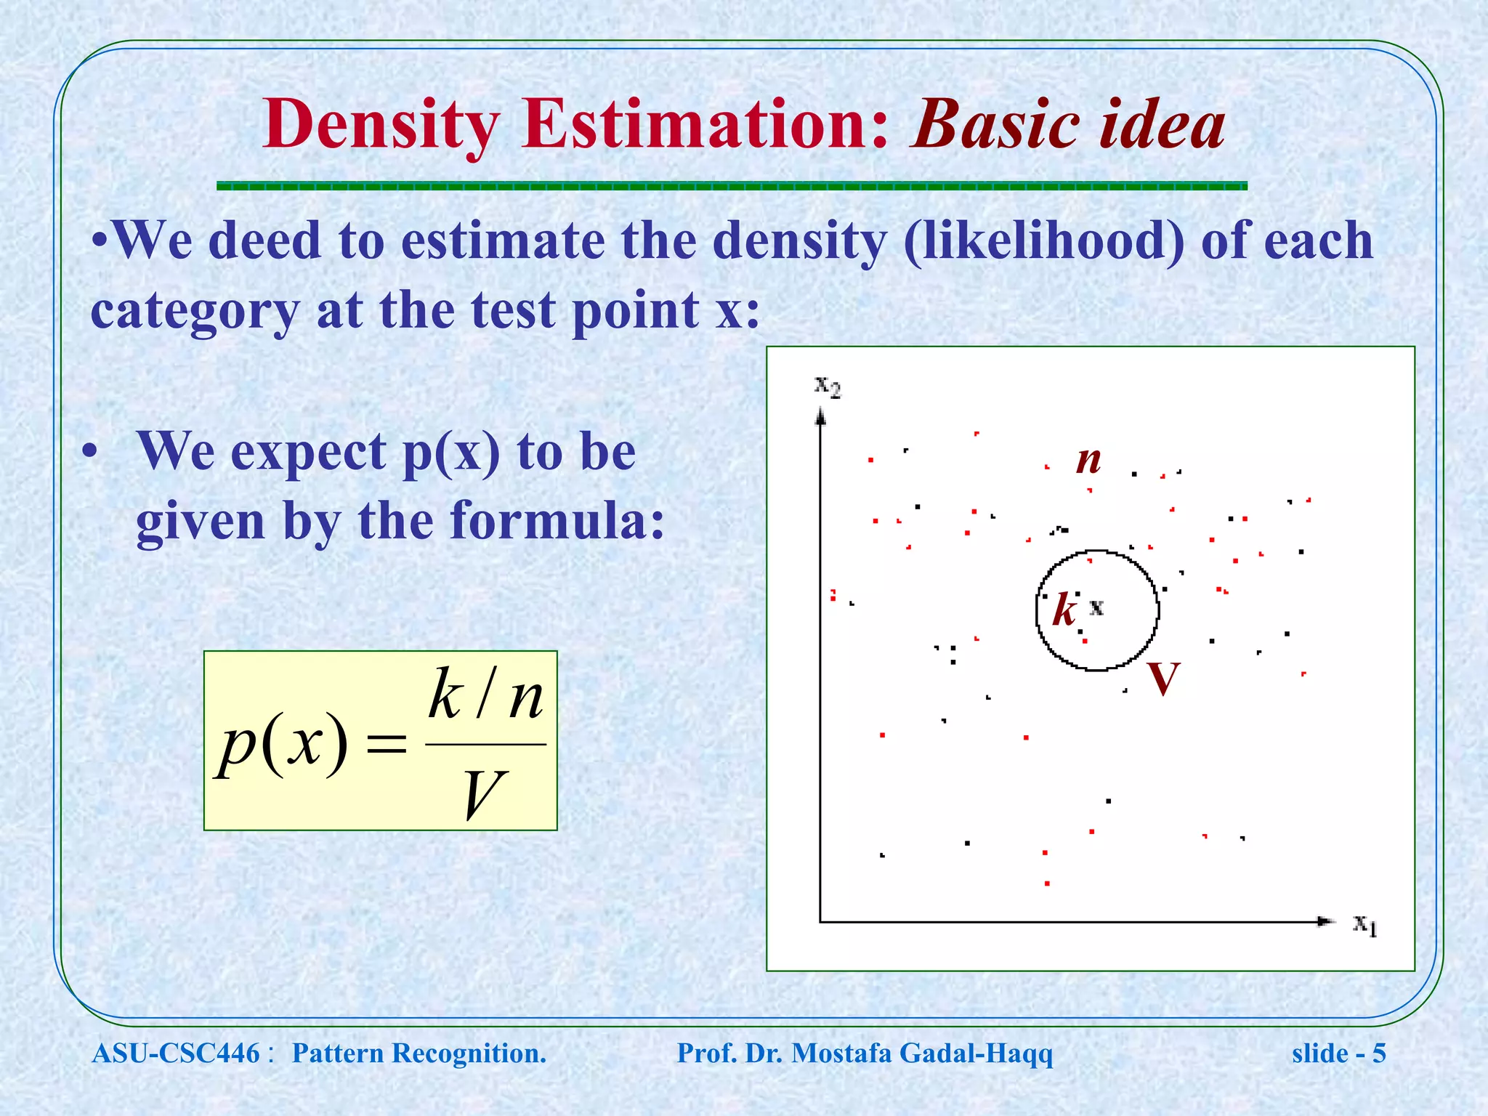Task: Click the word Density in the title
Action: point(381,125)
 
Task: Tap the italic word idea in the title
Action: point(1162,125)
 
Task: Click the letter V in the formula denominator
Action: point(484,795)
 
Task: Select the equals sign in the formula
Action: point(386,745)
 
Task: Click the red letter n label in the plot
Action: point(1088,459)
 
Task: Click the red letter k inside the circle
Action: point(1064,610)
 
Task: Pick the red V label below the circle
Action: point(1163,679)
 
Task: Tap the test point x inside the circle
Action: point(1096,607)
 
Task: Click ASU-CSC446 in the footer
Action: point(176,1053)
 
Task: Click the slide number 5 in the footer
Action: point(1378,1053)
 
